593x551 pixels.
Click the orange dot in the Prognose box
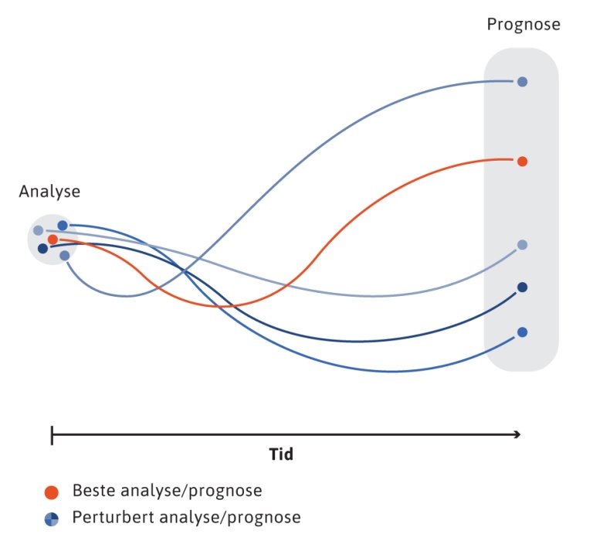tap(522, 162)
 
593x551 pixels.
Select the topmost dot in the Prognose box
tap(522, 81)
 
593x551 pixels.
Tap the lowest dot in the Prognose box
tap(522, 332)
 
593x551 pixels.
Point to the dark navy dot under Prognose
tap(522, 287)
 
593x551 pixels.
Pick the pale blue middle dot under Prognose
tap(522, 245)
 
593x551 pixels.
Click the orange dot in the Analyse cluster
tap(53, 240)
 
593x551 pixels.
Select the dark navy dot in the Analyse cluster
tap(42, 249)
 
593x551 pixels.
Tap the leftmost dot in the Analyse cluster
tap(38, 230)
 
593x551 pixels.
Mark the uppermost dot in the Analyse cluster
tap(63, 225)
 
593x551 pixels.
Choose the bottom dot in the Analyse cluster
tap(65, 255)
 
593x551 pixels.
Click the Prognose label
tap(523, 25)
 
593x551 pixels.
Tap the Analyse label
tap(49, 192)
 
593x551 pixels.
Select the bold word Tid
tap(281, 454)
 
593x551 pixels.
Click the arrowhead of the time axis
tap(517, 435)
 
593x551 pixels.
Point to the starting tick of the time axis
tap(52, 435)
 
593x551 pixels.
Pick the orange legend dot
tap(52, 491)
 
